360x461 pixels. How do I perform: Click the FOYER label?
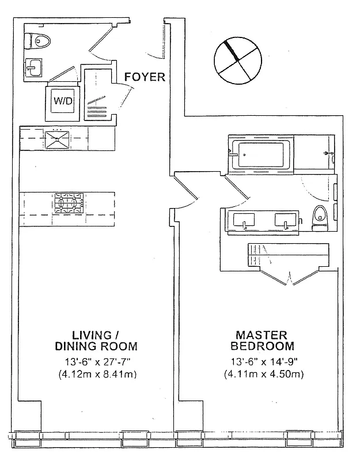pyautogui.click(x=145, y=77)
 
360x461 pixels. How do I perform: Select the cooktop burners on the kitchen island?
pyautogui.click(x=69, y=203)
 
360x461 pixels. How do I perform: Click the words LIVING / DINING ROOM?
pyautogui.click(x=96, y=341)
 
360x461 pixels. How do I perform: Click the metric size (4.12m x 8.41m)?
pyautogui.click(x=96, y=374)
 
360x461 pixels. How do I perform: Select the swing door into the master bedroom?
pyautogui.click(x=187, y=193)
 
